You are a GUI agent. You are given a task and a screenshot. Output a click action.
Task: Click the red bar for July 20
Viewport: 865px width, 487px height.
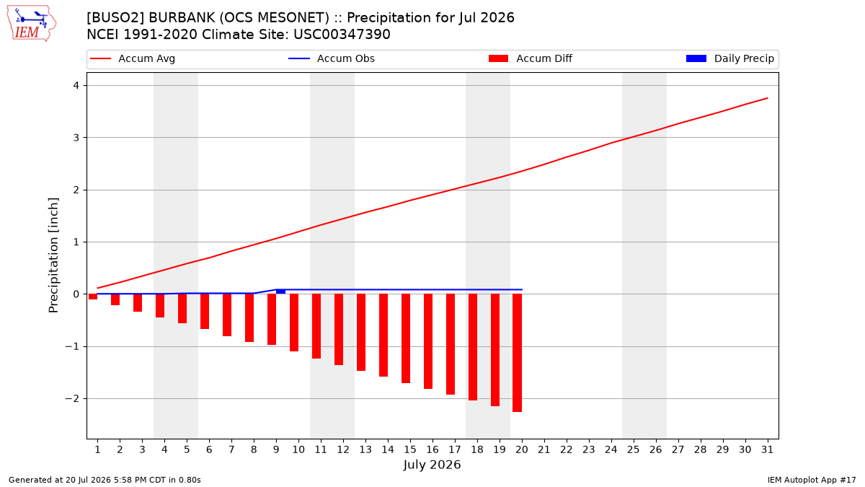[517, 353]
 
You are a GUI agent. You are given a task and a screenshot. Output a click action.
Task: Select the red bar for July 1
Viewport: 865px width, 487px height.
[93, 297]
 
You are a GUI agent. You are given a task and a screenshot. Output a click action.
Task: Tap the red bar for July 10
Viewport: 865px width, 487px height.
[294, 323]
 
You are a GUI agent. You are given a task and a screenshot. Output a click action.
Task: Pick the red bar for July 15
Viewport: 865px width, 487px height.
[405, 338]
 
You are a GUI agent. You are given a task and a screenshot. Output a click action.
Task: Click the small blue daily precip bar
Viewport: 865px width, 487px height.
[280, 291]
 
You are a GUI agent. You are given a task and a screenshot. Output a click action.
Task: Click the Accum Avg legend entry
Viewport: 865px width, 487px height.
[133, 58]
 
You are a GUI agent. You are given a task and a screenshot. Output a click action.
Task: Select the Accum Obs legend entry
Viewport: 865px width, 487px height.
[332, 58]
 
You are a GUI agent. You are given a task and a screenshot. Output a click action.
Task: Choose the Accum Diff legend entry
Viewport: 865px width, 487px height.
[531, 58]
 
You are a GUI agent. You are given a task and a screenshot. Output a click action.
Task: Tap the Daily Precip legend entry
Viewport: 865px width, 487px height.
[729, 58]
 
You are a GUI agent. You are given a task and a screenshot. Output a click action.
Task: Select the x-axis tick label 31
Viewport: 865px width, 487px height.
[767, 449]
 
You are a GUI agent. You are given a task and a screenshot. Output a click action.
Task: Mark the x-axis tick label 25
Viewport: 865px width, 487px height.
[633, 449]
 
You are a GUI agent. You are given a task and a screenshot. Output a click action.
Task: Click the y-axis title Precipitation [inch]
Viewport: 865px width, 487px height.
[53, 255]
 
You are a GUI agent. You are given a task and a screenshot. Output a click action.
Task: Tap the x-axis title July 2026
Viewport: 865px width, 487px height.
[432, 465]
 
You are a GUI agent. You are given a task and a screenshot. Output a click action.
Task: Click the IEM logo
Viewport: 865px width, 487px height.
[31, 24]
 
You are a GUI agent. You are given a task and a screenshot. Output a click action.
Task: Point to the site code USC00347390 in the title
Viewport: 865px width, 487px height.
[342, 35]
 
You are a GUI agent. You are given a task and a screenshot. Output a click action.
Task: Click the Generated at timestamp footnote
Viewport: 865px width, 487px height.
[105, 480]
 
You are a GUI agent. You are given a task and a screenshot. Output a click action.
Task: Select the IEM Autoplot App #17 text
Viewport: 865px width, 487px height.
[812, 480]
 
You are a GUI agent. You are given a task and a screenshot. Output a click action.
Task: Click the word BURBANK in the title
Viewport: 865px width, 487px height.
[182, 18]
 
